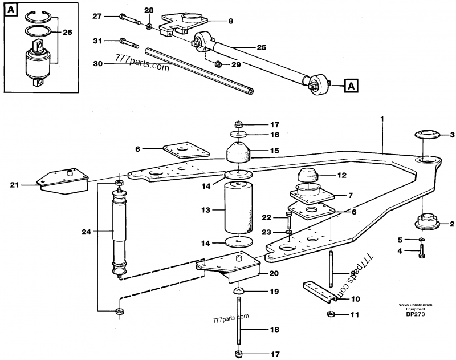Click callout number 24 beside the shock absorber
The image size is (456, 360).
(87, 232)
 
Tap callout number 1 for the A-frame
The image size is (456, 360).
(382, 119)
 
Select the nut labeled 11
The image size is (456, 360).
(331, 314)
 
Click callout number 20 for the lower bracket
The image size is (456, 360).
(273, 272)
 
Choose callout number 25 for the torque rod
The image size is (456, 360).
(262, 48)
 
